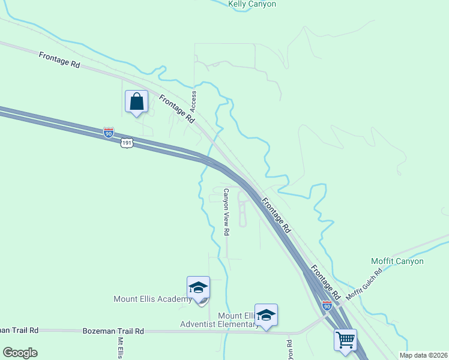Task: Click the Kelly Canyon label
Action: [252, 4]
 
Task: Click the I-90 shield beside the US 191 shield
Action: [108, 133]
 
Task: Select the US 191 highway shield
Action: [126, 142]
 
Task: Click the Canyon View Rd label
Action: [226, 212]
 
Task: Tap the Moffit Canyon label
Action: [397, 261]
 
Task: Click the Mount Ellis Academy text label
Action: [152, 299]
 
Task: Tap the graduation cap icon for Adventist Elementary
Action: [266, 314]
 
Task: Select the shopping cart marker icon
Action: [345, 340]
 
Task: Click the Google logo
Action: [20, 352]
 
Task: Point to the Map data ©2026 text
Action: [423, 355]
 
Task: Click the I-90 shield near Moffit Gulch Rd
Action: [327, 305]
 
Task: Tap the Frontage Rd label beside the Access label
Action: [177, 109]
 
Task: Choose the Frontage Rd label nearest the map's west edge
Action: [59, 59]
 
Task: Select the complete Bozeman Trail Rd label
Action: [113, 331]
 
